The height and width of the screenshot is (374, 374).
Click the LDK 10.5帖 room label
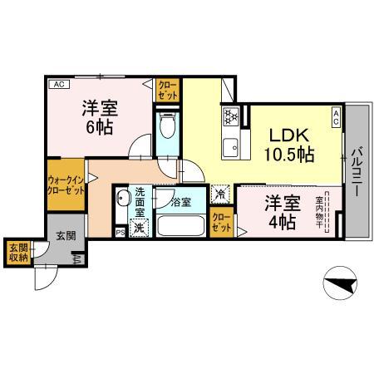coord(288,145)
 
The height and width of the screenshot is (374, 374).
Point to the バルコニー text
coord(355,170)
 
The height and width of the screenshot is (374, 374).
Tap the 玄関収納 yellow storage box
coord(17,252)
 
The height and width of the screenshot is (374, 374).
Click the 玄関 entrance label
coord(66,236)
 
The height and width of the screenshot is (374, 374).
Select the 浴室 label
coord(181,201)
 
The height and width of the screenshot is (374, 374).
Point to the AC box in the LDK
coord(336,117)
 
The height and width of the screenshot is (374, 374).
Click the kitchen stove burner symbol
coord(230,116)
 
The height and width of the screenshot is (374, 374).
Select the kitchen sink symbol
coord(230,147)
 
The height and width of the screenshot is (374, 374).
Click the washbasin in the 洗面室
coord(122,199)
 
